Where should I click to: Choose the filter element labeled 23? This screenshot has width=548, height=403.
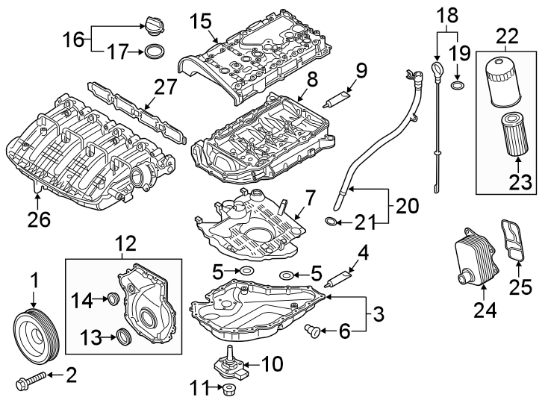coord(514,134)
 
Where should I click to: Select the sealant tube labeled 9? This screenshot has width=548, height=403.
coord(336,98)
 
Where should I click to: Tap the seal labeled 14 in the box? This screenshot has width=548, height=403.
coord(113,300)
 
